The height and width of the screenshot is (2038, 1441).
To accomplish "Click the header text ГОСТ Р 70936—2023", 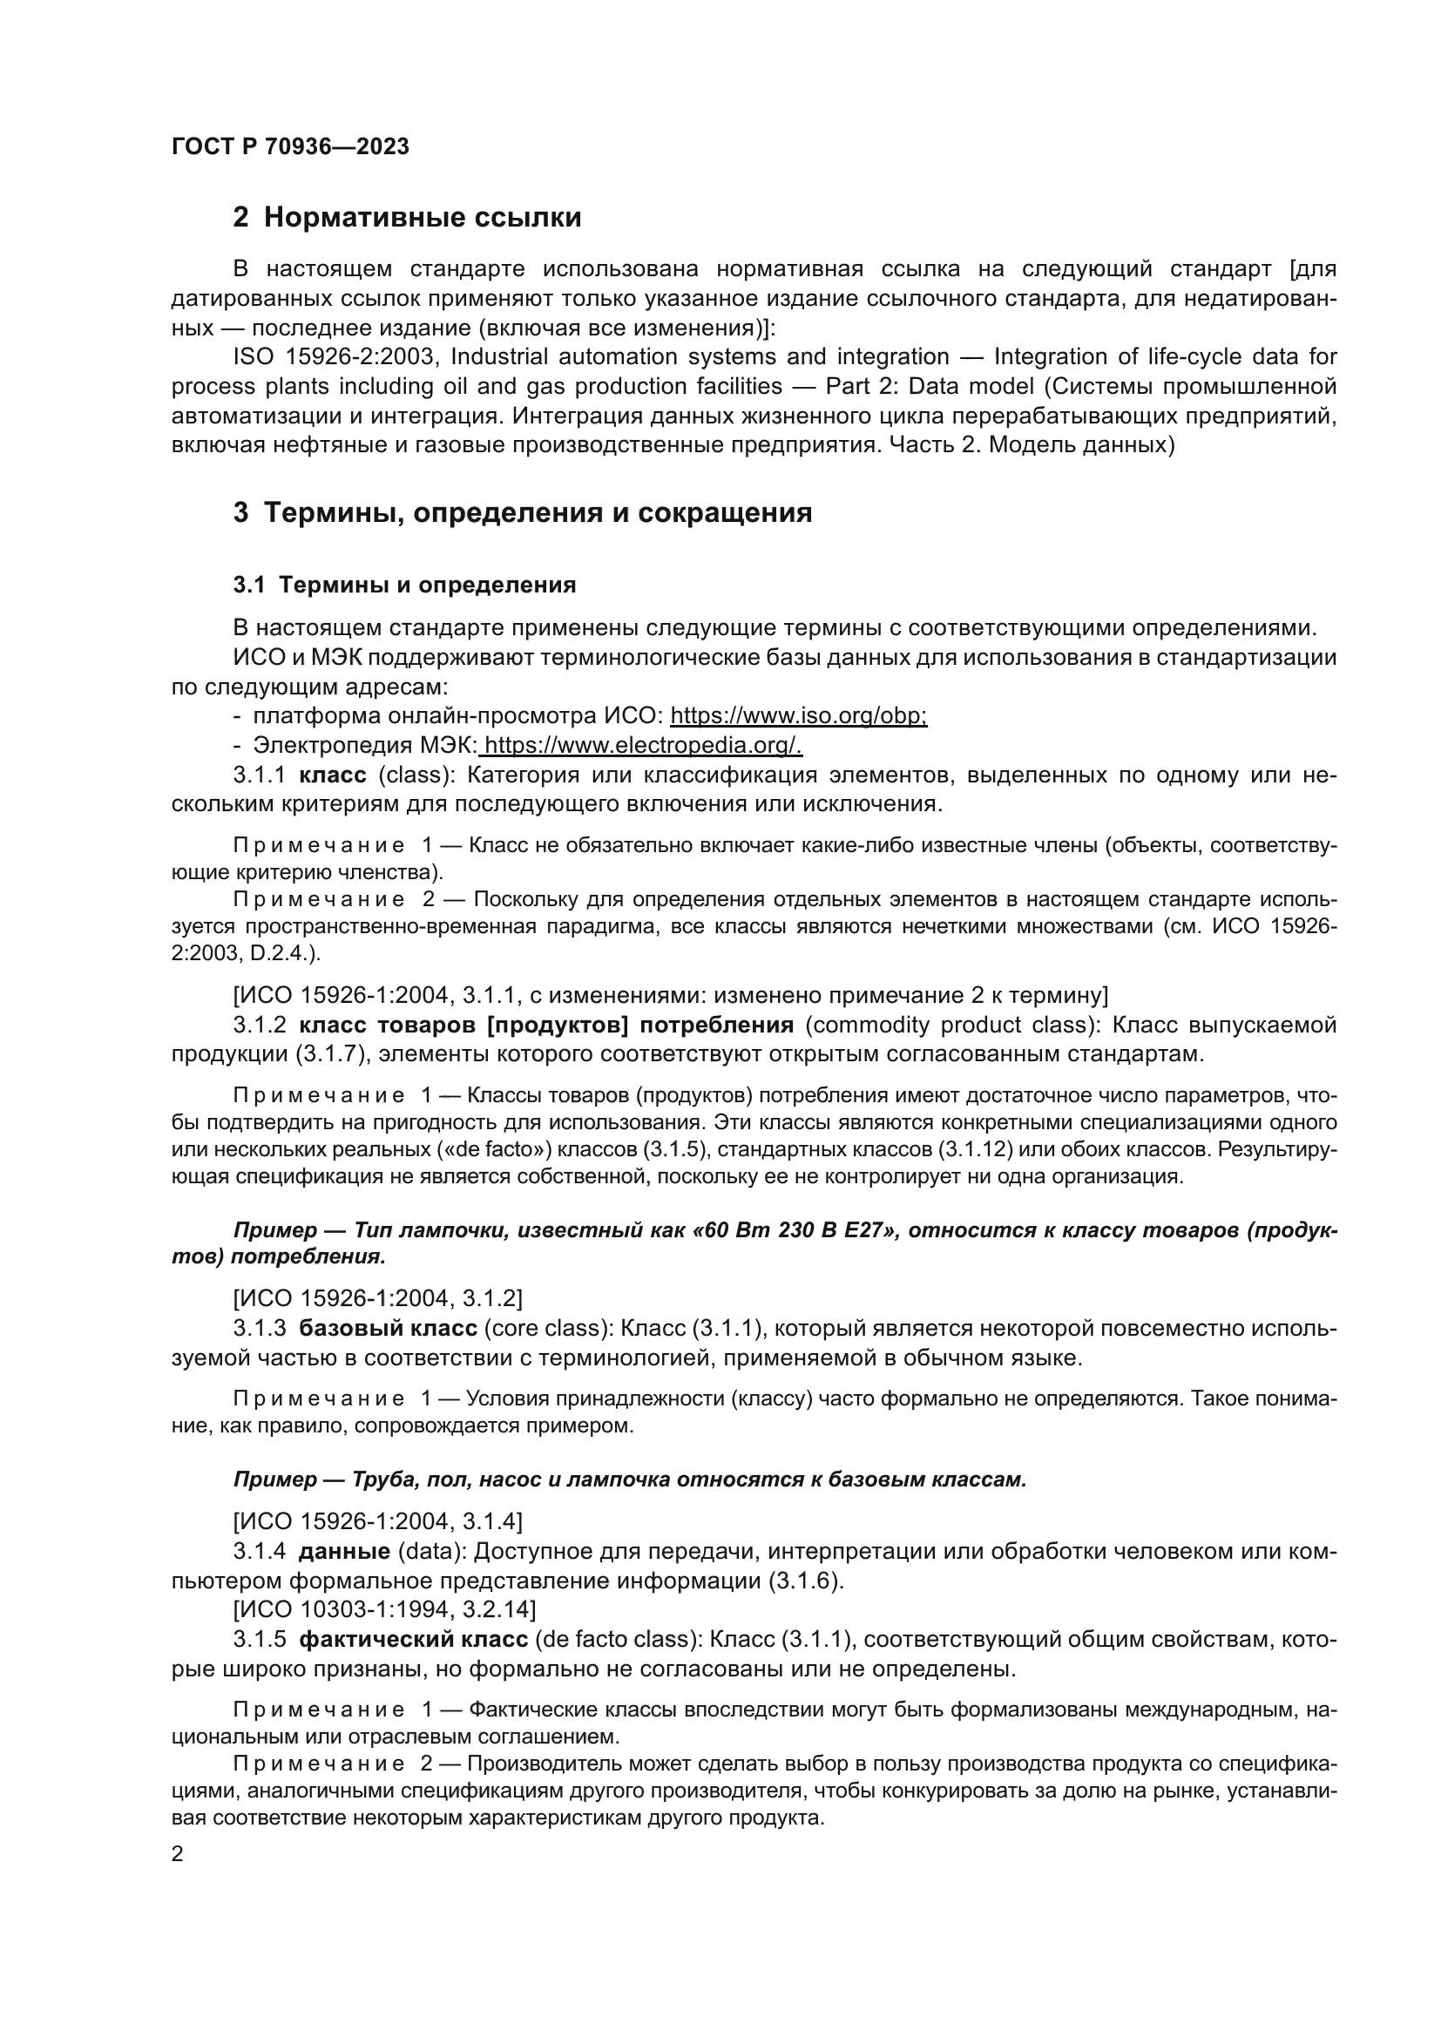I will [290, 147].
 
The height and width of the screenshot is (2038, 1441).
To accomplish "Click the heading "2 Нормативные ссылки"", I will [407, 218].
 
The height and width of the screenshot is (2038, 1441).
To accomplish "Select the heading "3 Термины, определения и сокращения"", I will [523, 513].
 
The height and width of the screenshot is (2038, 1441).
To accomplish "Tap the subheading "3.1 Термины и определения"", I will [404, 585].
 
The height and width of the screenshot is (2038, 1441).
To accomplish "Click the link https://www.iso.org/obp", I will [798, 715].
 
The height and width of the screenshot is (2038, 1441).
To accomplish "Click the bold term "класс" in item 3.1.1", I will [333, 775].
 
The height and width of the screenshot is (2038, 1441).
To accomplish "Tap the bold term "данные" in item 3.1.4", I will [344, 1552].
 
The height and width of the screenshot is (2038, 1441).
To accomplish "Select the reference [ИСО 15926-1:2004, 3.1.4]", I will [377, 1522].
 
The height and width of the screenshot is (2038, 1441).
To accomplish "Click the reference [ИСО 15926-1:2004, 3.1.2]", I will [377, 1298].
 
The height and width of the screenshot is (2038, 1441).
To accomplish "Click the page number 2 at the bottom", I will [178, 1854].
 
